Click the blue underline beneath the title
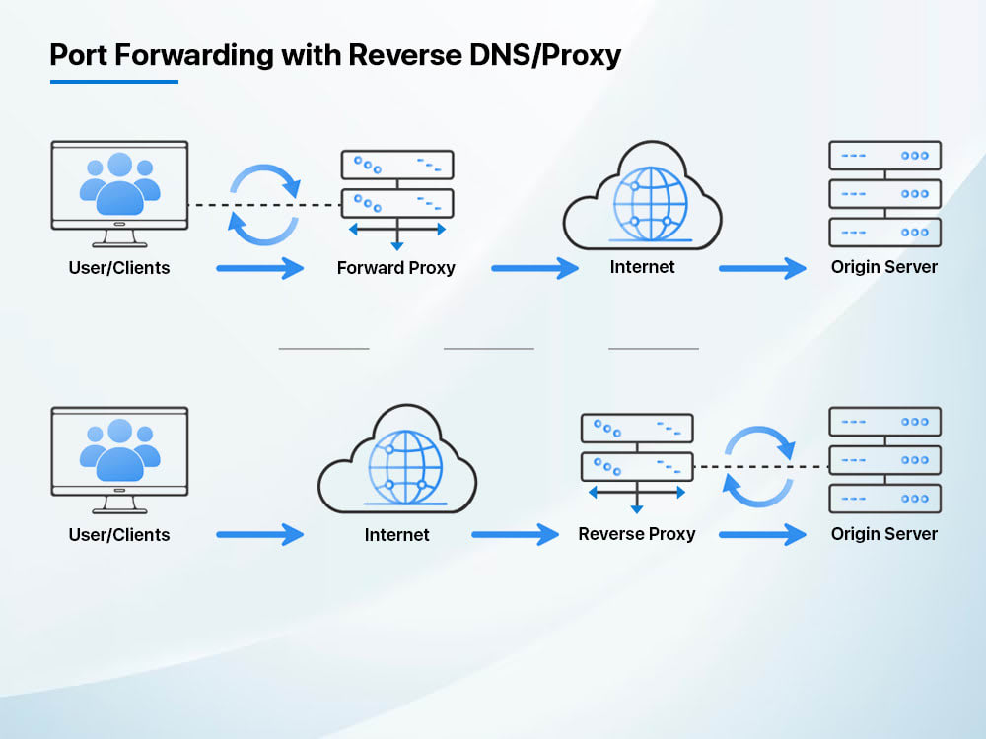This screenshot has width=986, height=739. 113,81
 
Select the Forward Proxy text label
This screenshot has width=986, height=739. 395,268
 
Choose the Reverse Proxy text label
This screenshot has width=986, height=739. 636,534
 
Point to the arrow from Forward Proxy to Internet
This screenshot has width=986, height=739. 534,267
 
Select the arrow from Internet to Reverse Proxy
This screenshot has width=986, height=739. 515,534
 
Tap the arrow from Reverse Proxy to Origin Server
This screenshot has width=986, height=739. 762,534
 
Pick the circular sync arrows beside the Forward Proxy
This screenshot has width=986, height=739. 264,204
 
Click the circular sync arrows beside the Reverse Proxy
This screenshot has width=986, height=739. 758,466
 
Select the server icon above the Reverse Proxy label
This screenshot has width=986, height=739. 636,459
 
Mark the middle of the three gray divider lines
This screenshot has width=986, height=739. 488,348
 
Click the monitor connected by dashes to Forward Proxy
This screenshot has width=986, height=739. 119,191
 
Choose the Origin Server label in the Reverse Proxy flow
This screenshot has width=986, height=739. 883,534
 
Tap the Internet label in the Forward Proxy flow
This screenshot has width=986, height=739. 642,267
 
